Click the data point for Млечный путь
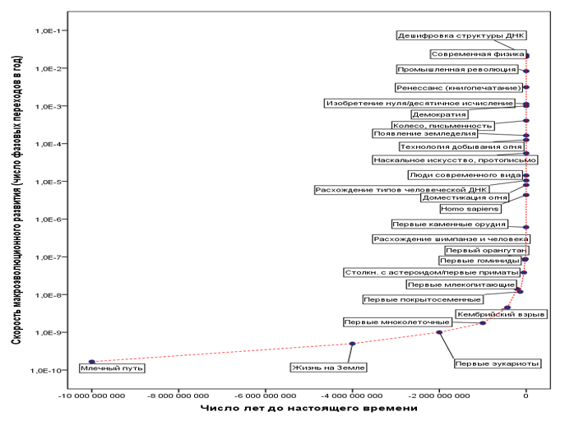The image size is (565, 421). [x=92, y=362]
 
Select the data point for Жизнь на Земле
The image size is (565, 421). [x=352, y=344]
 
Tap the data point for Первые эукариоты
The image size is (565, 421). [x=439, y=332]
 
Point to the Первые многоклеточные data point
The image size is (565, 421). [x=483, y=323]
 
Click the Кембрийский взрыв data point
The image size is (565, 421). [x=507, y=308]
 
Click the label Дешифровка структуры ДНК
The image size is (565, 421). [x=461, y=35]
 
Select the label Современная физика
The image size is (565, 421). [x=478, y=54]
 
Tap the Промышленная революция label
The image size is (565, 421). [x=457, y=69]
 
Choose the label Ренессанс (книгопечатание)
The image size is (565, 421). [x=459, y=87]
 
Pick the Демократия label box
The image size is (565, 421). [x=439, y=114]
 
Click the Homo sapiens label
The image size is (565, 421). [x=470, y=209]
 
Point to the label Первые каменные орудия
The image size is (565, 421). [x=449, y=224]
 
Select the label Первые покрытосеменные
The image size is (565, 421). [x=422, y=299]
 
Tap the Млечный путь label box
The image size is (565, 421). [x=112, y=368]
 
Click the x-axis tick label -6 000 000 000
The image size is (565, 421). [x=265, y=396]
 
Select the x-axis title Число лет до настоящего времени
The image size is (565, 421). [x=308, y=408]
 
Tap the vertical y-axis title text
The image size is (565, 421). [x=16, y=200]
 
